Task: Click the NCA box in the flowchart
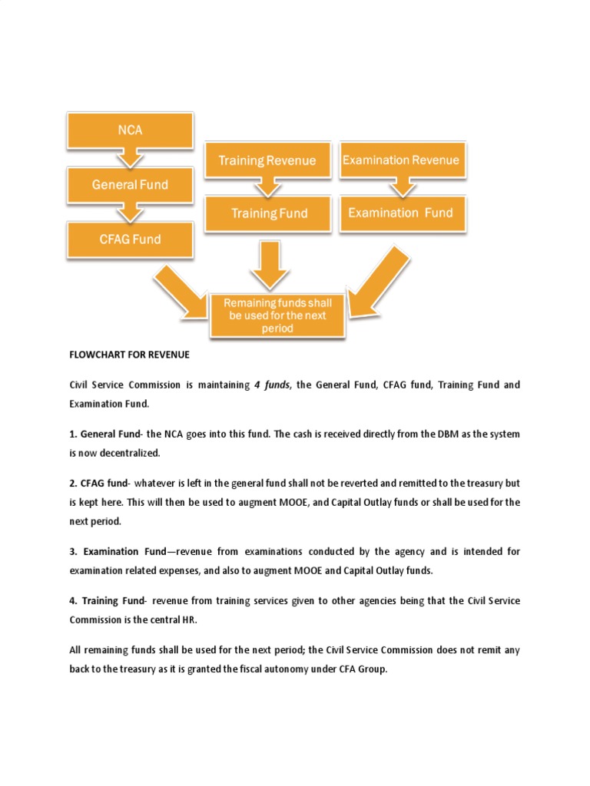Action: pyautogui.click(x=130, y=130)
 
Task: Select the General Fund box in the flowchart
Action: pyautogui.click(x=130, y=185)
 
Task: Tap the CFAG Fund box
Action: pyautogui.click(x=130, y=239)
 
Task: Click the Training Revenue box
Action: pyautogui.click(x=267, y=160)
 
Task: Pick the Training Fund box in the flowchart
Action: pyautogui.click(x=269, y=213)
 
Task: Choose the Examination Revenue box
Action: pyautogui.click(x=400, y=160)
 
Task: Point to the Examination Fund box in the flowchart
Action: pyautogui.click(x=400, y=213)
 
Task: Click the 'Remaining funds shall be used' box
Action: pyautogui.click(x=277, y=315)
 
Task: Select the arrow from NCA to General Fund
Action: pyautogui.click(x=130, y=157)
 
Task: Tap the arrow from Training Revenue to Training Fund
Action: pyautogui.click(x=268, y=187)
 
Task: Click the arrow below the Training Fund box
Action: pyautogui.click(x=269, y=265)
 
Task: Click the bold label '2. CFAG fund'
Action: pyautogui.click(x=97, y=484)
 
